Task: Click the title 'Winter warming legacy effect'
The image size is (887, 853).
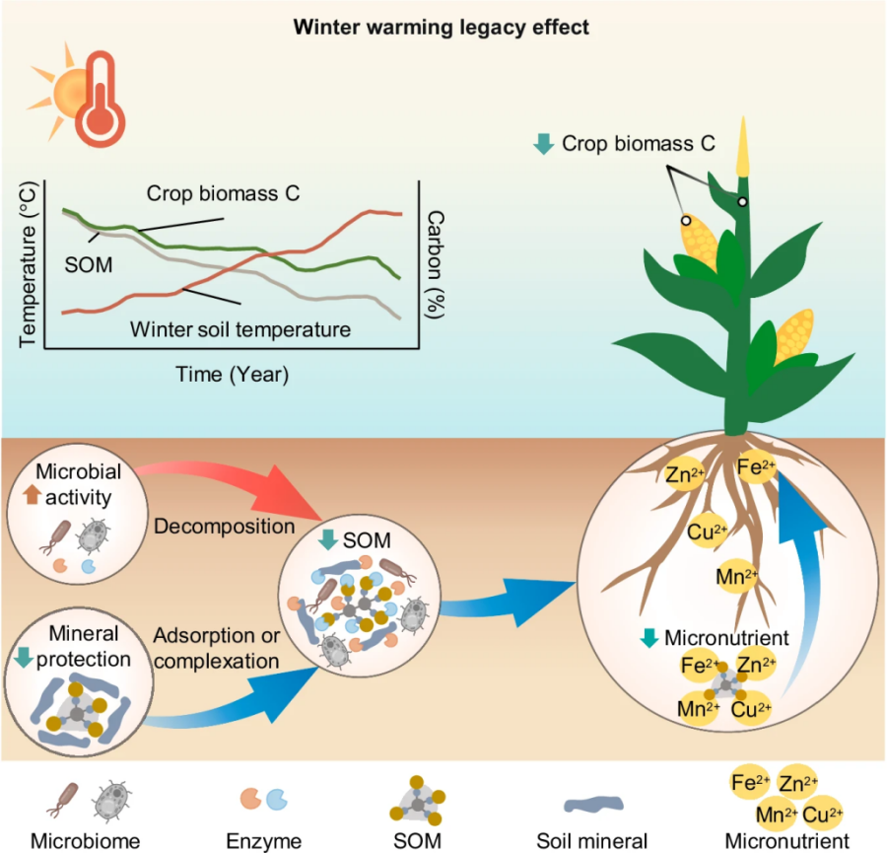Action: [x=442, y=27]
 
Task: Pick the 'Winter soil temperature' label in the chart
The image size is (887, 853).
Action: [x=240, y=328]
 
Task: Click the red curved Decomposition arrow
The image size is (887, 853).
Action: [x=246, y=476]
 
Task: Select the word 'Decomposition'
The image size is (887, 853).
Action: [x=225, y=526]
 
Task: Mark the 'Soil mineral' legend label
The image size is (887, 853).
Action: [x=591, y=841]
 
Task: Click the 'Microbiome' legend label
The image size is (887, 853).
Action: [x=85, y=841]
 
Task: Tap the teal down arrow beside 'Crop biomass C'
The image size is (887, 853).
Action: [x=542, y=144]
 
